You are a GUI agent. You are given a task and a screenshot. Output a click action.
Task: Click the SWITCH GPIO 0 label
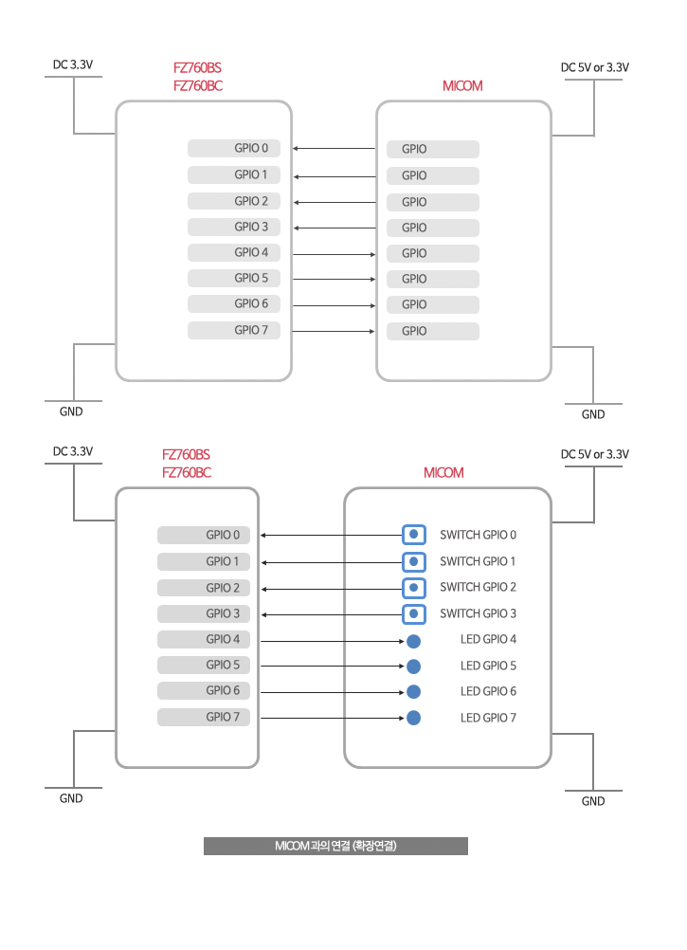(x=478, y=535)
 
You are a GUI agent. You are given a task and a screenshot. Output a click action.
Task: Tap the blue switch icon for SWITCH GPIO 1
(x=414, y=561)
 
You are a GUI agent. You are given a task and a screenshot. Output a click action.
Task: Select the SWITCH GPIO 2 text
(x=478, y=587)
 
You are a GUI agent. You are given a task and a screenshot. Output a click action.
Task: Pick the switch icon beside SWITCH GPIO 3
(x=414, y=614)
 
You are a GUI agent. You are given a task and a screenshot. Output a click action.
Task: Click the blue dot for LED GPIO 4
(x=414, y=641)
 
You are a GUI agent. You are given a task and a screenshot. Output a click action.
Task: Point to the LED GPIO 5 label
(x=488, y=666)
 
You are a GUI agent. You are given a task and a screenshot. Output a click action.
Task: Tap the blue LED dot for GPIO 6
(x=414, y=692)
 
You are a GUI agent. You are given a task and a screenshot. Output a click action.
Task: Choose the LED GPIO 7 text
(x=488, y=718)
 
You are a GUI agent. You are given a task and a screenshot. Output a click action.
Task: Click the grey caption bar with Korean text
(x=335, y=846)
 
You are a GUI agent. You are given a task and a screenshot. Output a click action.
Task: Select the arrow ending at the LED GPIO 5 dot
(x=333, y=666)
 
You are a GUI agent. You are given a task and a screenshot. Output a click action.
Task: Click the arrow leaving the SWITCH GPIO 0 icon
(x=332, y=535)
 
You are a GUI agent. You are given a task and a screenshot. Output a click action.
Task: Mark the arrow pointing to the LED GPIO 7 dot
(x=333, y=718)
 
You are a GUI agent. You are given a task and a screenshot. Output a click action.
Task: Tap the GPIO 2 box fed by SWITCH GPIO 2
(x=204, y=588)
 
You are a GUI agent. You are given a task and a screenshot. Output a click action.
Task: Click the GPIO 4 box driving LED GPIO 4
(x=204, y=639)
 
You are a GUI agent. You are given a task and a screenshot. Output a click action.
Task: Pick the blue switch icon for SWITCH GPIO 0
(x=414, y=535)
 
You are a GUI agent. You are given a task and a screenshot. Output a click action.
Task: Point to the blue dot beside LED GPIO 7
(x=414, y=718)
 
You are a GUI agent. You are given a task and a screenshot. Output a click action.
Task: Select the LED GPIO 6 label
(x=488, y=691)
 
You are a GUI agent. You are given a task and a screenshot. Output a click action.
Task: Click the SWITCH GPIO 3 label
(x=478, y=613)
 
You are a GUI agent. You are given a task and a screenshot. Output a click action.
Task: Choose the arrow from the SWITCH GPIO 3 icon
(x=332, y=614)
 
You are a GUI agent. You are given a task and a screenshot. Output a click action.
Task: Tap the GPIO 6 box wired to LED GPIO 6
(x=204, y=690)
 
